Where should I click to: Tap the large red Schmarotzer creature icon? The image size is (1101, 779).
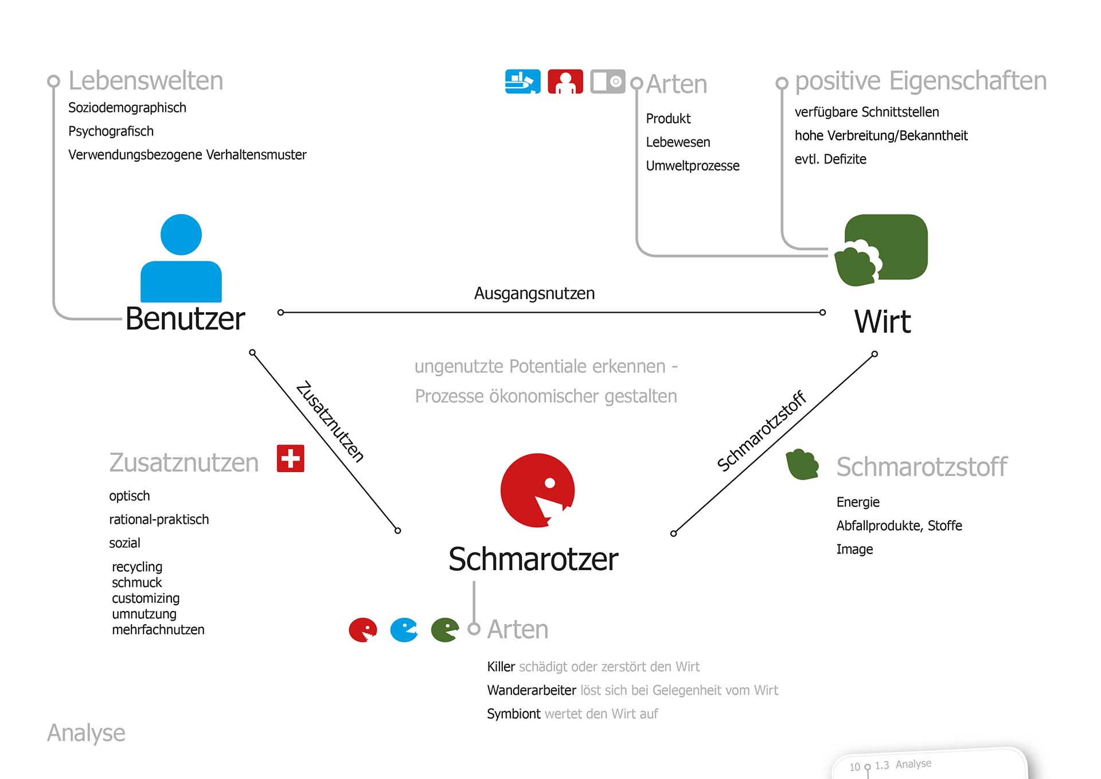[x=537, y=490]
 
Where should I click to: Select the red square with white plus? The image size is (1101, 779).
[x=290, y=458]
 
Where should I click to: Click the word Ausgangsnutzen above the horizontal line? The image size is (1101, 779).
[x=534, y=294]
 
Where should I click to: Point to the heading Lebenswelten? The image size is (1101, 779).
[x=146, y=81]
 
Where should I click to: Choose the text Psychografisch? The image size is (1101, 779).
[x=111, y=131]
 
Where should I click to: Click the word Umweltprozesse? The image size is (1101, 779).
[x=692, y=166]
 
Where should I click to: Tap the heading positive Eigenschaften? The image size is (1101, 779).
[x=920, y=81]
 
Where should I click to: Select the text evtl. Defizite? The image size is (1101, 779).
[x=830, y=159]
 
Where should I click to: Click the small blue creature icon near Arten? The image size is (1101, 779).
[x=404, y=630]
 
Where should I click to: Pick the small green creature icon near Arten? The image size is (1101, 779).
[x=444, y=630]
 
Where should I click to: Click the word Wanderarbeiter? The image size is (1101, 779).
[x=531, y=690]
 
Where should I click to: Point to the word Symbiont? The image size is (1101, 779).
[x=513, y=714]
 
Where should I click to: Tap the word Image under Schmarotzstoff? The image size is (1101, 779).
[x=854, y=550]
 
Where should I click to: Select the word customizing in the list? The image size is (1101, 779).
[x=146, y=598]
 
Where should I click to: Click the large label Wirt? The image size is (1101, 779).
[x=882, y=321]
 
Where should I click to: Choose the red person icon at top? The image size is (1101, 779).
[x=565, y=81]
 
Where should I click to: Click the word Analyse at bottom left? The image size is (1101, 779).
[x=86, y=733]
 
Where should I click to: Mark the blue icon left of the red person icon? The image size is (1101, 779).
[x=522, y=81]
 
